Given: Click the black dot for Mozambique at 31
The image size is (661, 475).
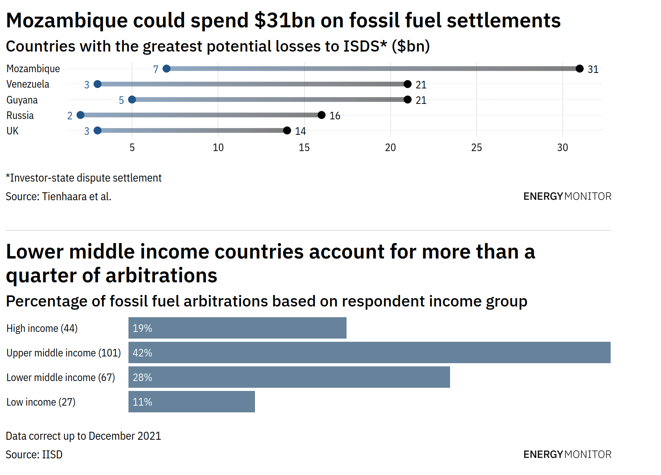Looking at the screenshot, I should pyautogui.click(x=579, y=69).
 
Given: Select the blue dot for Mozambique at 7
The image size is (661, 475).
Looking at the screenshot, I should pyautogui.click(x=167, y=69).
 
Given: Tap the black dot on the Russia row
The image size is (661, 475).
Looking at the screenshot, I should pyautogui.click(x=322, y=115).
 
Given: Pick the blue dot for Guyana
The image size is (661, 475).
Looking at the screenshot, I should pyautogui.click(x=132, y=100).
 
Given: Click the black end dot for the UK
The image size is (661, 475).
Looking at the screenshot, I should pyautogui.click(x=287, y=130).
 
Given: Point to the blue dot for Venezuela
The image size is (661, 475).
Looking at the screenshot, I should pyautogui.click(x=98, y=84).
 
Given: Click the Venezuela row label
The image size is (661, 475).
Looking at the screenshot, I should pyautogui.click(x=28, y=84).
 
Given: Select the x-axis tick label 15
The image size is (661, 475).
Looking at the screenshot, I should pyautogui.click(x=304, y=147).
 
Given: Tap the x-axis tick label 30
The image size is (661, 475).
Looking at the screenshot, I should pyautogui.click(x=562, y=147).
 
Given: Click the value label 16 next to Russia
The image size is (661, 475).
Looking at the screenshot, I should pyautogui.click(x=335, y=116).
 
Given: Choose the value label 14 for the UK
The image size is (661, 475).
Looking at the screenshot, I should pyautogui.click(x=300, y=131).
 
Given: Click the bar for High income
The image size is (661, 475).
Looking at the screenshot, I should pyautogui.click(x=237, y=328).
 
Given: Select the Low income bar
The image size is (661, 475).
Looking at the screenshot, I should pyautogui.click(x=192, y=402).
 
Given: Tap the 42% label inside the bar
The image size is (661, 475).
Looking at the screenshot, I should pyautogui.click(x=142, y=353).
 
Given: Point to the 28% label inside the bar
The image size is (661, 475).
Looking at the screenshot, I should pyautogui.click(x=142, y=377).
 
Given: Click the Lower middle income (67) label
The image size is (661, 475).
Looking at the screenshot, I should pyautogui.click(x=61, y=377).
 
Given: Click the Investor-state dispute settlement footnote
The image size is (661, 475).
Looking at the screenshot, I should pyautogui.click(x=84, y=178).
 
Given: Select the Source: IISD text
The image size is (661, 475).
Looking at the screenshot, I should pyautogui.click(x=34, y=454).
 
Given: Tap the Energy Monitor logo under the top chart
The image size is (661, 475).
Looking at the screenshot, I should pyautogui.click(x=567, y=196).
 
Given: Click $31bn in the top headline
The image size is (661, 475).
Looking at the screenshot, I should pyautogui.click(x=284, y=20).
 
